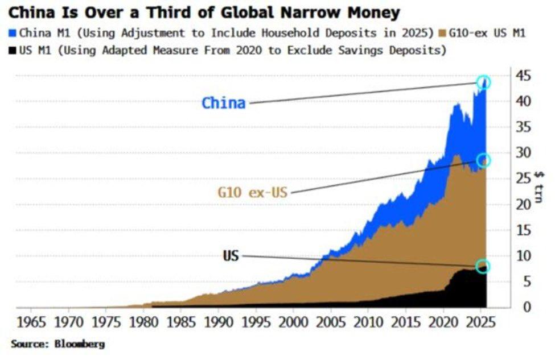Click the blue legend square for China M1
pyautogui.click(x=14, y=33)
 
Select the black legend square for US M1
pyautogui.click(x=14, y=50)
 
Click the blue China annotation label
pyautogui.click(x=224, y=103)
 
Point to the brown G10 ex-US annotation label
pyautogui.click(x=252, y=192)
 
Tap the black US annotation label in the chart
pyautogui.click(x=231, y=255)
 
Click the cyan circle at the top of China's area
pyautogui.click(x=483, y=82)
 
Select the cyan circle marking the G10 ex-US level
pyautogui.click(x=483, y=160)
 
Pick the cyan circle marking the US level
pyautogui.click(x=483, y=267)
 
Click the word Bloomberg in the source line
pyautogui.click(x=80, y=344)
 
